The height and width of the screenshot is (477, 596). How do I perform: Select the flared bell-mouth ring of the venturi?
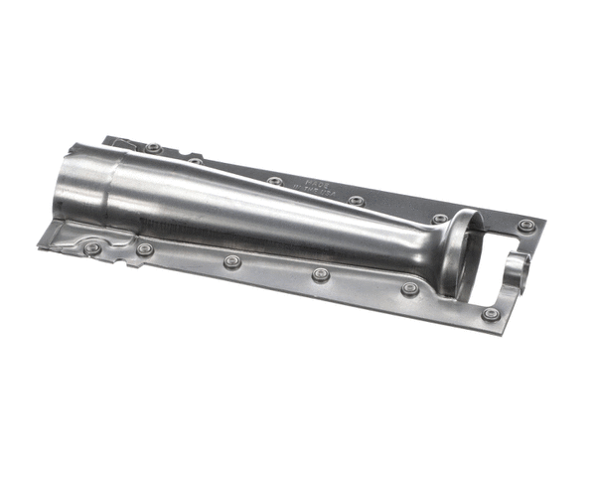click(x=456, y=253)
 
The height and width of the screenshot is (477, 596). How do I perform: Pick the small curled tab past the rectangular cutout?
click(x=519, y=266)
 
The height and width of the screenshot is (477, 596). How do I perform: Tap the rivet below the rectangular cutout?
click(x=490, y=314)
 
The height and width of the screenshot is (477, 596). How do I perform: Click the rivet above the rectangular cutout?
click(x=525, y=226)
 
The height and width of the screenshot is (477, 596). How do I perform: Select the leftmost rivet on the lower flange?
click(x=91, y=247)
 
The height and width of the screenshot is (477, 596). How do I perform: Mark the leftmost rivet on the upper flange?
click(x=152, y=148)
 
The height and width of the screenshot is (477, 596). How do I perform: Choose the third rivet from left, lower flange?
click(x=232, y=261)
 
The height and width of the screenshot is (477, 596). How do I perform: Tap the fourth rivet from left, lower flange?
click(x=320, y=274)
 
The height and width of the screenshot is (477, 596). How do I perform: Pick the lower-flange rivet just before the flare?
click(x=409, y=288)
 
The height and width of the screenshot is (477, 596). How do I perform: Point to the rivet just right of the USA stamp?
click(x=356, y=201)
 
